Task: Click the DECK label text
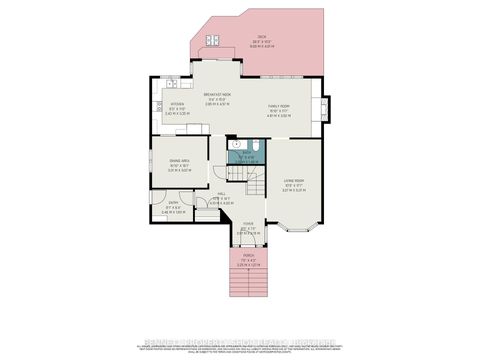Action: [x=261, y=37]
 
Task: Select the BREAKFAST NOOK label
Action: [x=218, y=96]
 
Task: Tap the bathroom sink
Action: [x=237, y=144]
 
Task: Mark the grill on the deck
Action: [x=213, y=41]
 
